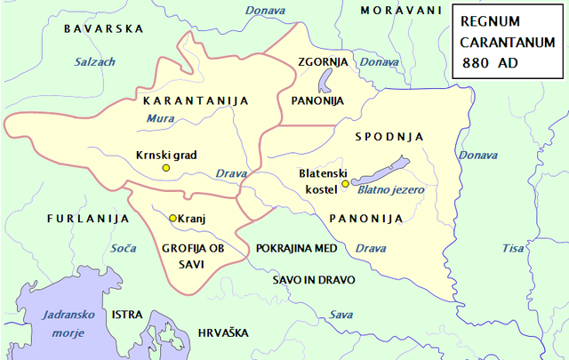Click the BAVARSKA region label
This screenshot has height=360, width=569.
[x=104, y=28]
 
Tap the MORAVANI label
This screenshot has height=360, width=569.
[x=401, y=10]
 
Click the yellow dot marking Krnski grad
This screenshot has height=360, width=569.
[x=164, y=168]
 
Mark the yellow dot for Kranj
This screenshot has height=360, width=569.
[x=172, y=218]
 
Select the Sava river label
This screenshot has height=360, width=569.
[x=341, y=315]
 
